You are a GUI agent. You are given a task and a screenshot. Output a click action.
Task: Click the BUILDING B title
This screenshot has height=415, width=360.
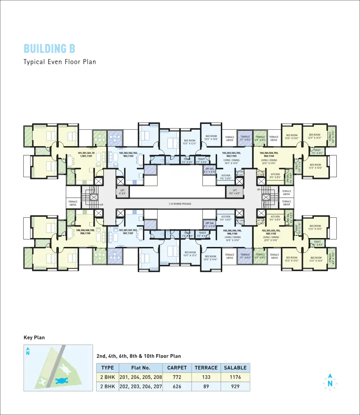[x=50, y=49]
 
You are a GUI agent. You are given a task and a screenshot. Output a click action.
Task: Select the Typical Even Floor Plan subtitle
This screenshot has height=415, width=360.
[x=59, y=62]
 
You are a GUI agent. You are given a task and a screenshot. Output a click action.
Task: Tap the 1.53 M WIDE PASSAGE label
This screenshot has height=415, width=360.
[x=180, y=204]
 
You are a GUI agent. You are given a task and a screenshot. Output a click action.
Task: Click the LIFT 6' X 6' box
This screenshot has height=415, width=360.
[x=122, y=192]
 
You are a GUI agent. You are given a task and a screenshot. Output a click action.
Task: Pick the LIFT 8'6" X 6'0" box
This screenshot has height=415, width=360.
[x=235, y=192]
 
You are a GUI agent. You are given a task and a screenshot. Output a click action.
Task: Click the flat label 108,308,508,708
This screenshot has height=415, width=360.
[x=83, y=232]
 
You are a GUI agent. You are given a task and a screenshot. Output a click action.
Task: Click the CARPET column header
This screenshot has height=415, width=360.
[x=177, y=368]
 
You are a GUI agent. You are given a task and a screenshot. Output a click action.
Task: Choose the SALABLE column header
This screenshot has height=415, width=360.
[x=235, y=368]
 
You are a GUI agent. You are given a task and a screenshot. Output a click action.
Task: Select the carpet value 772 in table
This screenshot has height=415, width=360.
[x=177, y=377]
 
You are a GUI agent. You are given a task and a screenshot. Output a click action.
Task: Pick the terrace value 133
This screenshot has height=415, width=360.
[x=206, y=377]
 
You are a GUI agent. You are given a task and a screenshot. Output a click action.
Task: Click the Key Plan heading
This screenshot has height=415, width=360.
[x=34, y=337]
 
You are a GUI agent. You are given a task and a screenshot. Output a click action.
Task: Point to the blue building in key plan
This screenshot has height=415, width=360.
[x=62, y=381]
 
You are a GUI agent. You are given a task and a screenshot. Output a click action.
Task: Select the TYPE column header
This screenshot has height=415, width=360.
[x=107, y=368]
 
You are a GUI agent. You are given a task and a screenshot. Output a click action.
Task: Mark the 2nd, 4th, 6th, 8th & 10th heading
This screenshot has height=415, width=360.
[x=139, y=356]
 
